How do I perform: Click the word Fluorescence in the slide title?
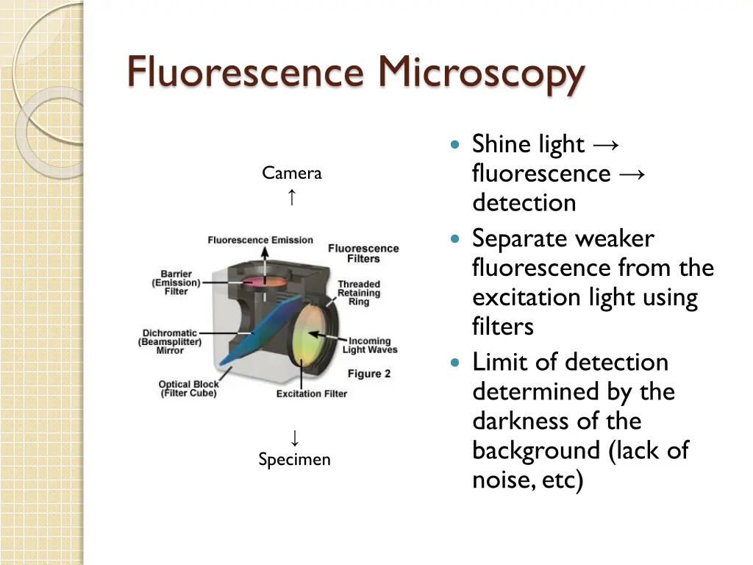click(x=246, y=73)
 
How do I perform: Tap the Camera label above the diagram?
click(x=292, y=174)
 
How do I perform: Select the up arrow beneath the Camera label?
click(x=292, y=196)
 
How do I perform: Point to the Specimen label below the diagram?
click(x=294, y=460)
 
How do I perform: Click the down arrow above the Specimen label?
click(x=294, y=438)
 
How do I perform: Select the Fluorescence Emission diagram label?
click(x=260, y=240)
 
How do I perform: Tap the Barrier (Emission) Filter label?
click(x=176, y=282)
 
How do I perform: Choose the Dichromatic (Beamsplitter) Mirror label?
click(x=170, y=341)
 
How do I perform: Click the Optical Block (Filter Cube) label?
click(x=189, y=388)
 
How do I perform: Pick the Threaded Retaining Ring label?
click(x=359, y=293)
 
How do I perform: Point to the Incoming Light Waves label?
click(x=370, y=345)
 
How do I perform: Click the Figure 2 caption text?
click(x=369, y=374)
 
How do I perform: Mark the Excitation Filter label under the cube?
click(x=312, y=394)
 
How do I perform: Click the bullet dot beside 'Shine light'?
click(x=456, y=144)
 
